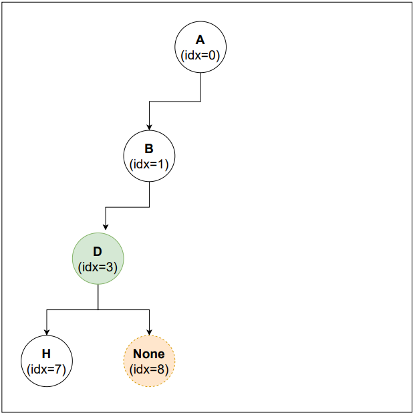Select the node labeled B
click(149, 156)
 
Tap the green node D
click(98, 259)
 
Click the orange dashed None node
click(149, 362)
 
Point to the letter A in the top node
click(200, 41)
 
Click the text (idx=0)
click(200, 55)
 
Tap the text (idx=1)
click(149, 164)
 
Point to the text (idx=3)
click(98, 267)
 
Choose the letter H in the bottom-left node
click(47, 354)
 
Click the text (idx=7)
click(47, 369)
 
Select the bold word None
click(149, 354)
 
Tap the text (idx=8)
click(149, 369)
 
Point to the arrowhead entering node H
click(47, 332)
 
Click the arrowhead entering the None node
click(149, 332)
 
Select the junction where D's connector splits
click(98, 310)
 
